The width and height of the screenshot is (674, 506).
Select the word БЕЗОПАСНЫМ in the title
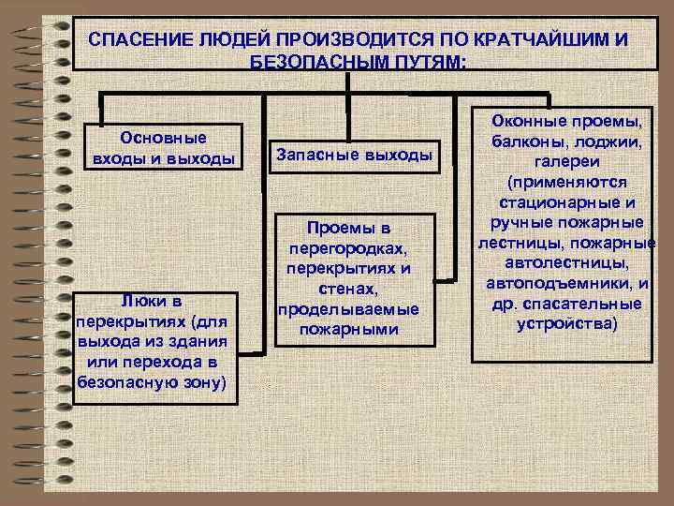[307, 62]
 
